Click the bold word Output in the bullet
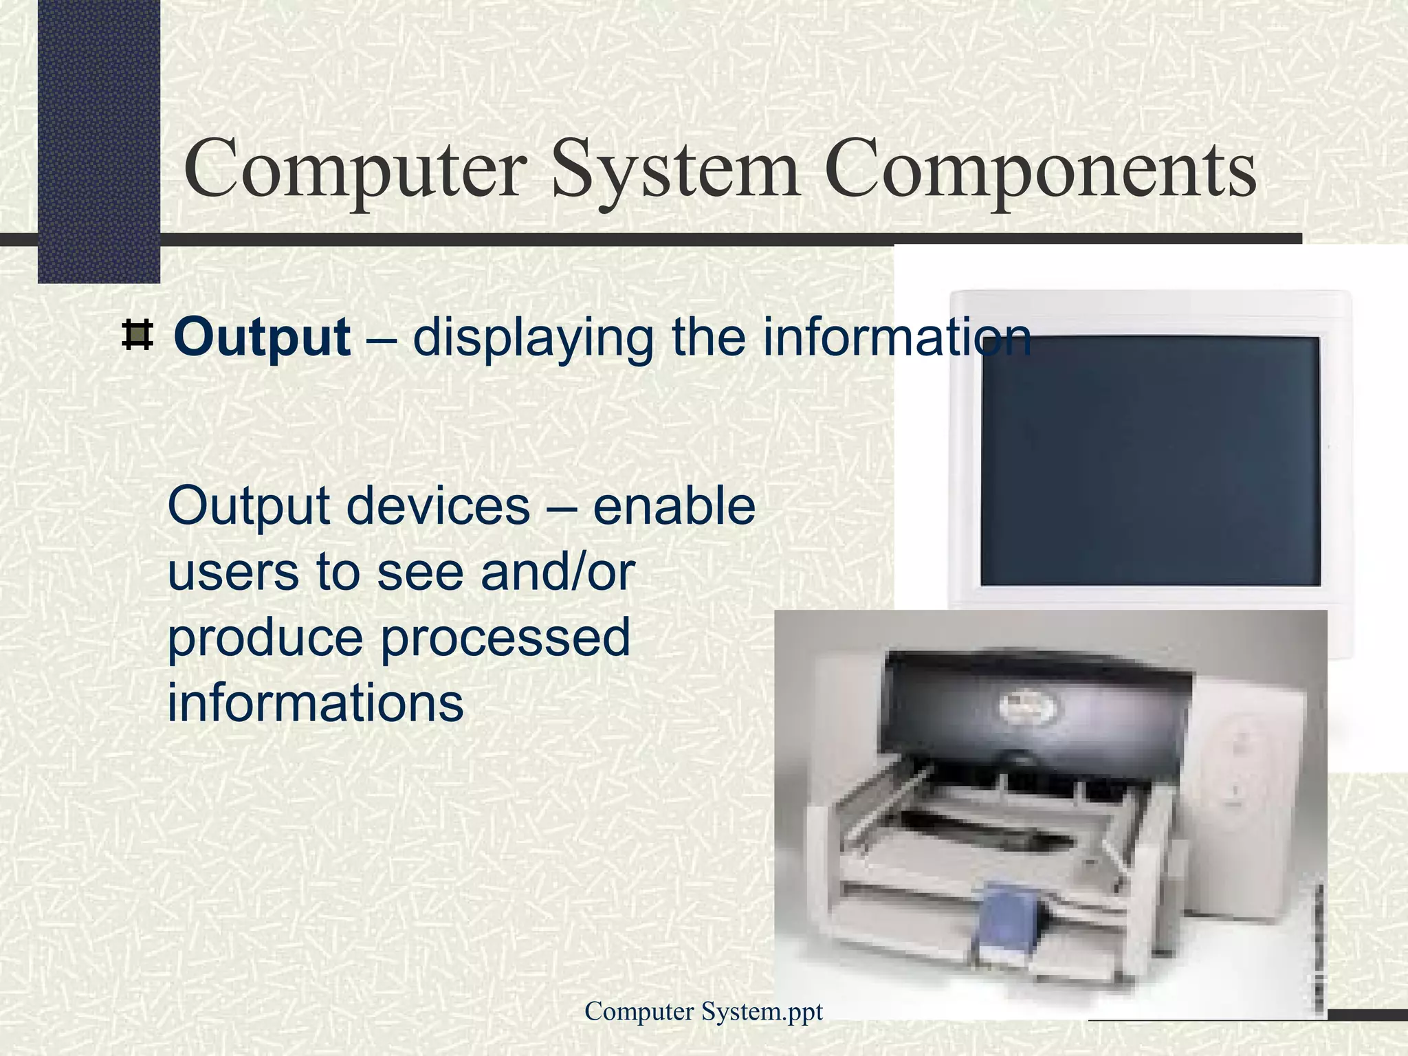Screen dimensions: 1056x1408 pyautogui.click(x=262, y=338)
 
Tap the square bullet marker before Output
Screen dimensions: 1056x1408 pyautogui.click(x=137, y=335)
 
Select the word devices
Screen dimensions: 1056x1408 pyautogui.click(x=437, y=506)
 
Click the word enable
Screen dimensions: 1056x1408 pyautogui.click(x=674, y=506)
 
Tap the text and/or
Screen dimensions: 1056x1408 pyautogui.click(x=558, y=572)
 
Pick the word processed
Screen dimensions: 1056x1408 pyautogui.click(x=505, y=638)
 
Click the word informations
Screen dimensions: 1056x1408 pyautogui.click(x=316, y=703)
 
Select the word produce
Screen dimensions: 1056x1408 pyautogui.click(x=265, y=638)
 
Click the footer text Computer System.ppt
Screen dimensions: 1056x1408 pyautogui.click(x=703, y=1011)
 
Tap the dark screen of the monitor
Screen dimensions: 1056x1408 pyautogui.click(x=1149, y=461)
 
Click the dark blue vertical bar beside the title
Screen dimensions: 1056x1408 pyautogui.click(x=98, y=137)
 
